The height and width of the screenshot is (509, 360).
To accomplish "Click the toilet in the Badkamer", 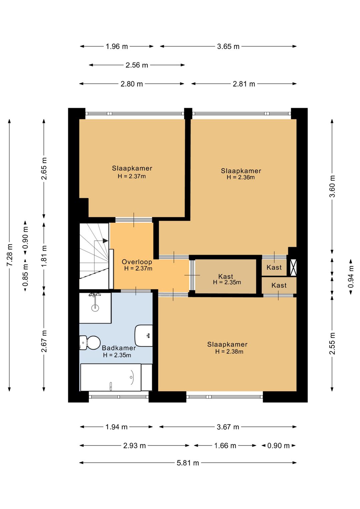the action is pos(90,343).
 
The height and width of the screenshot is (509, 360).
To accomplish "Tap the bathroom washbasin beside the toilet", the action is pos(144,336).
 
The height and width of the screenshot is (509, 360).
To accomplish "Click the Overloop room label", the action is pos(137,262).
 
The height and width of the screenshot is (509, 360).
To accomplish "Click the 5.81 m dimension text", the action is pos(188,463).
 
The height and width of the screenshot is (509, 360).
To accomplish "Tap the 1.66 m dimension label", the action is pos(225,446).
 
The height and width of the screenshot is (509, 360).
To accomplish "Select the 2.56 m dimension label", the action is pos(137,65).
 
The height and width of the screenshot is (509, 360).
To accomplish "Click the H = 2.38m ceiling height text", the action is pos(229,352).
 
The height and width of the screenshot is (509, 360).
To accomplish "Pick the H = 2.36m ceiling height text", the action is pos(241,177).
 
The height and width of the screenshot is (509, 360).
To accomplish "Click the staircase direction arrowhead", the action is pos(105,240).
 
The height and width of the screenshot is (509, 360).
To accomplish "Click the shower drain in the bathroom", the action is pos(95,308).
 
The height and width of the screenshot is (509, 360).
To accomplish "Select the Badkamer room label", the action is pos(119,348).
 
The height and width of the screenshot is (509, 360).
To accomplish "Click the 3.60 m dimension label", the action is pos(332,186).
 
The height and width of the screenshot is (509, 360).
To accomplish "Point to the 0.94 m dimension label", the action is pos(351,277).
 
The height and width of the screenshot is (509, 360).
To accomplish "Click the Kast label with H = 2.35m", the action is pos(226,276).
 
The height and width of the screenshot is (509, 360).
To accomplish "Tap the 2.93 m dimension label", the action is pos(134,446).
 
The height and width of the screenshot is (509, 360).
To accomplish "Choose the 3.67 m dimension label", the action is pos(228,427).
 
